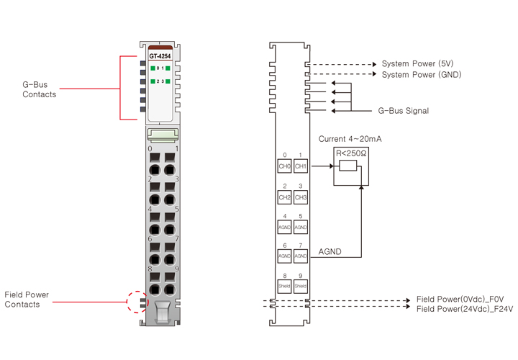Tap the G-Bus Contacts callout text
[40, 89]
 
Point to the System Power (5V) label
[418, 63]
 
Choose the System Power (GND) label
[422, 74]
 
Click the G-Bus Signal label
[403, 111]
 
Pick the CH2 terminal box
[285, 197]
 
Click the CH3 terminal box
[301, 197]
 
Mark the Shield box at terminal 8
[285, 286]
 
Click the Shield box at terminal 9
[301, 286]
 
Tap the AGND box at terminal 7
[301, 256]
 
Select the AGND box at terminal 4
[285, 226]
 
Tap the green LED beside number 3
[168, 82]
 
